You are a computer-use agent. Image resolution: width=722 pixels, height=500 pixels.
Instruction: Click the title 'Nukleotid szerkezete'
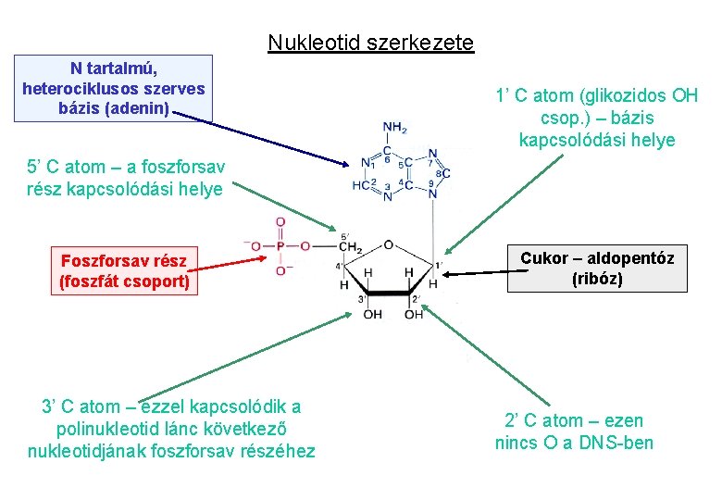click(370, 43)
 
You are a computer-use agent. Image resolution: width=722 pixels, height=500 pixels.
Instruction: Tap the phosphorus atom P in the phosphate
click(280, 247)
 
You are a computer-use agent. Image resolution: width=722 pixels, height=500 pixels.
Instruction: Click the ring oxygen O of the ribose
click(389, 245)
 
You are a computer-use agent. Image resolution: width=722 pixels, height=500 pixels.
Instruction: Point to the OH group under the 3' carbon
click(372, 315)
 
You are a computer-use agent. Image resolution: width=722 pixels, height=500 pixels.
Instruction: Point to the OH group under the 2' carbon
click(414, 315)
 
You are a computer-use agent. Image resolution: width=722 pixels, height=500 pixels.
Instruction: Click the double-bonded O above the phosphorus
click(280, 223)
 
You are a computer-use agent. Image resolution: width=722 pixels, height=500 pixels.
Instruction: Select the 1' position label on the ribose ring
click(440, 266)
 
